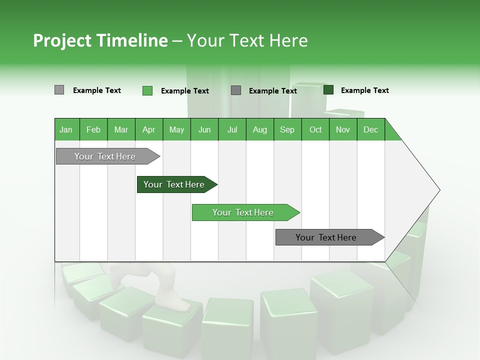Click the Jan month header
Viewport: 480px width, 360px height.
(66, 129)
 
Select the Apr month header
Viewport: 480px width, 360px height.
(148, 129)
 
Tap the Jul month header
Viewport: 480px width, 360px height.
(232, 129)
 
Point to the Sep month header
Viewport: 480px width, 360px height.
(287, 129)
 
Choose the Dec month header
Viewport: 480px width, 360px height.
(370, 129)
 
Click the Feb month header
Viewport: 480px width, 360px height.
(93, 129)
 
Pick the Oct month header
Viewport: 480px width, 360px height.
(315, 129)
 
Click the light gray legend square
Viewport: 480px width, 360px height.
(59, 90)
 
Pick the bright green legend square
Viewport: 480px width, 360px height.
(147, 90)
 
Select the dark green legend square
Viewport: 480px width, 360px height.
(328, 90)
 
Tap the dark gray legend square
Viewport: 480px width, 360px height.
(236, 90)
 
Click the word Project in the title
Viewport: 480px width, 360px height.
(62, 40)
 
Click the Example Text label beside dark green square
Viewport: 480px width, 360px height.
(364, 90)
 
